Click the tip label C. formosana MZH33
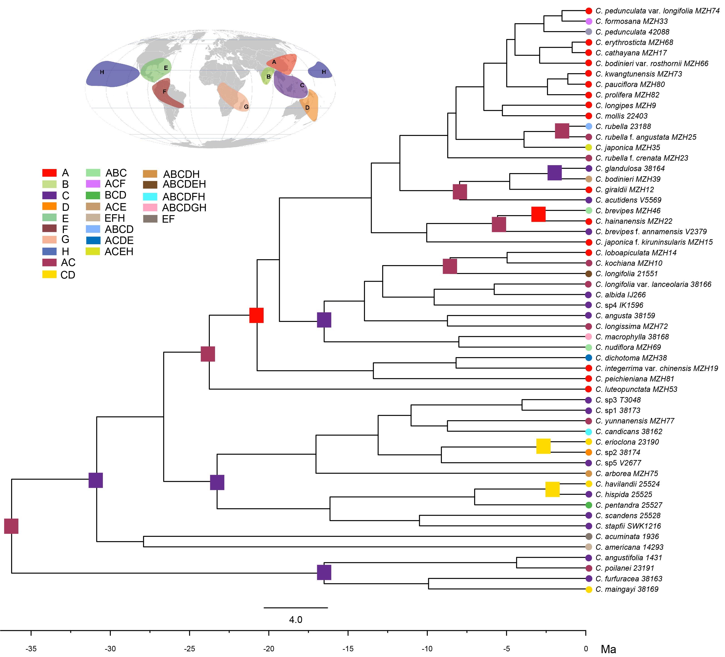(x=631, y=21)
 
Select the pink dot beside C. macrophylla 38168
(x=589, y=337)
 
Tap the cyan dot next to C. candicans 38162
(x=589, y=431)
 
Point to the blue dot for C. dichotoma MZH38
(x=589, y=358)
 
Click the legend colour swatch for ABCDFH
(x=150, y=197)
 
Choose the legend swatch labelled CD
(x=49, y=274)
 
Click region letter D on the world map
(x=307, y=108)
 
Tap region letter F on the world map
(x=165, y=92)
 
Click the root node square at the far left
(x=11, y=526)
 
